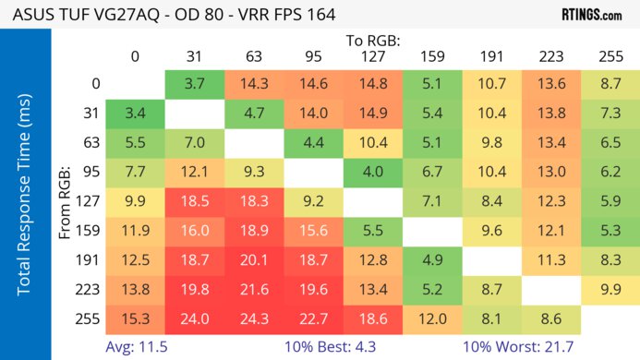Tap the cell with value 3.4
tap(135, 114)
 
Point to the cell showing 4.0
tap(371, 172)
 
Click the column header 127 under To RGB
tap(371, 56)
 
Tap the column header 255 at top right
tap(609, 56)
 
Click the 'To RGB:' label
tap(373, 41)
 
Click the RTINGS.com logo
tap(591, 15)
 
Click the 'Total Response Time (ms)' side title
tap(25, 199)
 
